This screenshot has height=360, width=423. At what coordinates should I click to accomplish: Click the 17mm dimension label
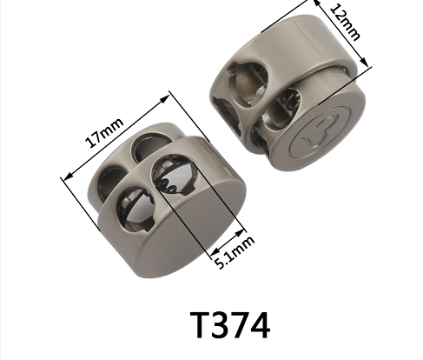pos(104,133)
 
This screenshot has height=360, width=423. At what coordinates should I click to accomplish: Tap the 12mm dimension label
pos(346,23)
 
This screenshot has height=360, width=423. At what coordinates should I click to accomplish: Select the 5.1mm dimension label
pos(235,252)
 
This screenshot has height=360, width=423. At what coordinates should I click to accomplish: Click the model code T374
pos(230,324)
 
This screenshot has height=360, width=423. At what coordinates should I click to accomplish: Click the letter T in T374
pos(200,324)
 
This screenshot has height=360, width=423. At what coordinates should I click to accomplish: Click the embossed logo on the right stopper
pos(319,131)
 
